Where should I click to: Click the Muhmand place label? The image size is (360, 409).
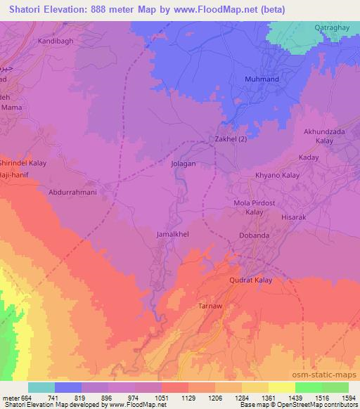point(261,79)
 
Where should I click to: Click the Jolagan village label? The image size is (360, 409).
point(181,163)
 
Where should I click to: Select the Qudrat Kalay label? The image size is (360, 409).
point(250,280)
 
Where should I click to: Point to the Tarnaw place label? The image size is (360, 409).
point(210,308)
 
